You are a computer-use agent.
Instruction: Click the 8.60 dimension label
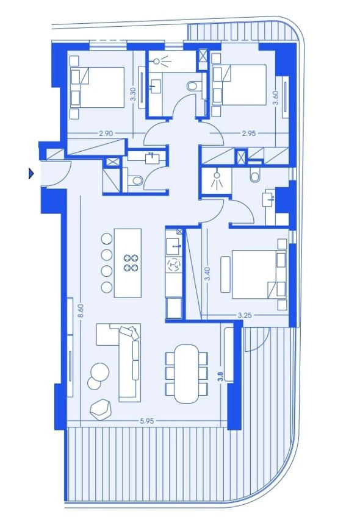tap(82, 310)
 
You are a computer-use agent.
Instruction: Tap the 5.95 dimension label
tap(147, 421)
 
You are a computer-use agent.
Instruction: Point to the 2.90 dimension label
tap(106, 133)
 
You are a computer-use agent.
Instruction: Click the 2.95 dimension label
tap(249, 133)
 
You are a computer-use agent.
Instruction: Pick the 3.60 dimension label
tap(276, 98)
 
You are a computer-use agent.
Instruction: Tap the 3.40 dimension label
tap(207, 274)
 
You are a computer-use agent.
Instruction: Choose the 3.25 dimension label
tap(245, 315)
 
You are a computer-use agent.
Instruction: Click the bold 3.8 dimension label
tap(221, 376)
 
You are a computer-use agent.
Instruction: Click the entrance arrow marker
tap(31, 173)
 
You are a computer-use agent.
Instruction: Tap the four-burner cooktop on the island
tap(131, 263)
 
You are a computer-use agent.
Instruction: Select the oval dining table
tap(187, 374)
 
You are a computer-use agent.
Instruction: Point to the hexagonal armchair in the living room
tap(100, 409)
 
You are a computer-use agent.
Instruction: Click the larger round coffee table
tap(99, 373)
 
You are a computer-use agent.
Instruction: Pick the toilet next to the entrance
tap(135, 180)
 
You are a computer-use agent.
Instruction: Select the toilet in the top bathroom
tap(192, 87)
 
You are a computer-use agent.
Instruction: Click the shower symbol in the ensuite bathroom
tap(217, 180)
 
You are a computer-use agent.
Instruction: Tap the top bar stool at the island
tap(107, 238)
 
